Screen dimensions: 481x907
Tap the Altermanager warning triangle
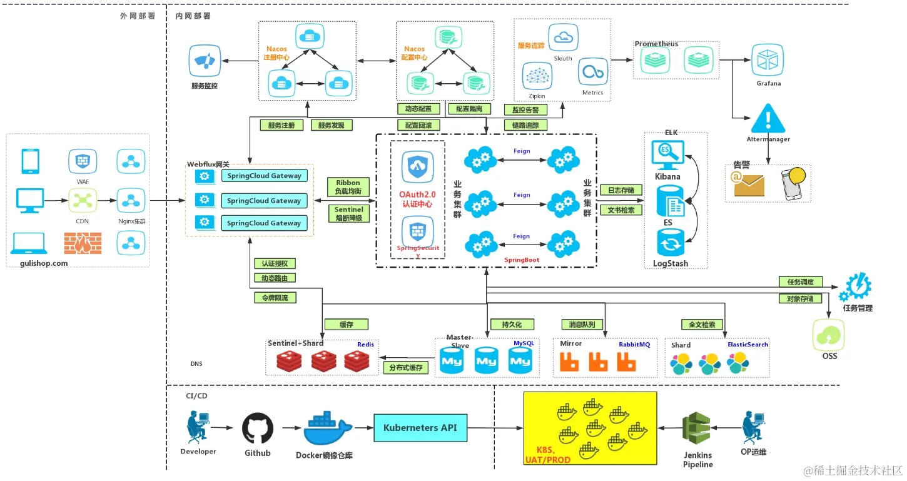pos(768,118)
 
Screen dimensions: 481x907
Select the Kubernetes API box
pos(420,428)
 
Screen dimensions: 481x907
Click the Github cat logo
pos(258,427)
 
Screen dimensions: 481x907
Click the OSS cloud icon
pos(828,335)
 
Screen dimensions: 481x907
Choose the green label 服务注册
pos(281,125)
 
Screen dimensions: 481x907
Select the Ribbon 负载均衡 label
pos(348,187)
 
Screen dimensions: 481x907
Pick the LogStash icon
pos(670,243)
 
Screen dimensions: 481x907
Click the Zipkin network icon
pos(537,76)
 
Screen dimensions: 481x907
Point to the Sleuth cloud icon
pos(562,38)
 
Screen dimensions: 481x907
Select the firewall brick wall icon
pos(82,243)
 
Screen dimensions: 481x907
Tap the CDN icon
pos(83,201)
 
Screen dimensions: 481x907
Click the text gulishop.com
pos(39,263)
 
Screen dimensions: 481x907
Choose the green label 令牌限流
pos(275,298)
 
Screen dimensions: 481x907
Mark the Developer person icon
pos(198,427)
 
